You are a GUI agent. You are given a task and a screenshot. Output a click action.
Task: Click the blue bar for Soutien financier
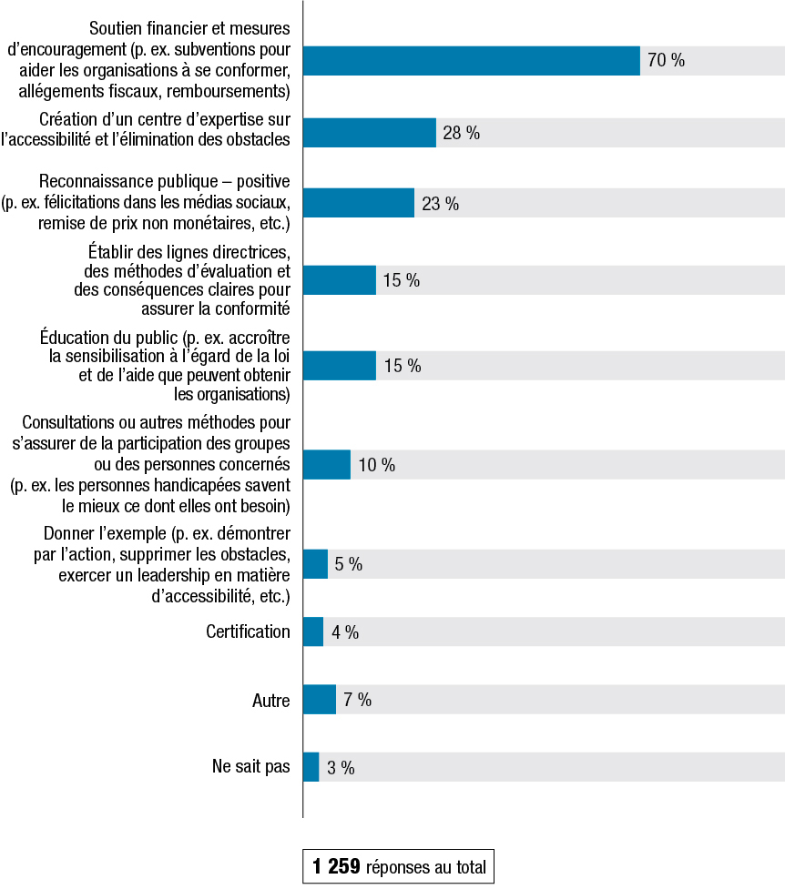(471, 61)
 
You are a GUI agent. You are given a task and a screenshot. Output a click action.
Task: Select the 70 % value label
(666, 61)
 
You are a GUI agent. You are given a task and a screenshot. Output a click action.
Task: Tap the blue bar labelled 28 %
(369, 133)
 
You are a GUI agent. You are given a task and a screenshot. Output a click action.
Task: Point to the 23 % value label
(440, 204)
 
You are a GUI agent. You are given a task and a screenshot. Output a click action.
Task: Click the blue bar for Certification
(312, 632)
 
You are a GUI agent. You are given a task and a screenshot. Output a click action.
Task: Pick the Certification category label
(248, 631)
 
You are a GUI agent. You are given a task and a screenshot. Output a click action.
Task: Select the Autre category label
(270, 701)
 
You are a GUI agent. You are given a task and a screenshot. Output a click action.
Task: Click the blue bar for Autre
(319, 701)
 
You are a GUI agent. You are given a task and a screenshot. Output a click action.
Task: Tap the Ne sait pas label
(250, 767)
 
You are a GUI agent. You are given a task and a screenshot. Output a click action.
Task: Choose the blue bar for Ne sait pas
(311, 767)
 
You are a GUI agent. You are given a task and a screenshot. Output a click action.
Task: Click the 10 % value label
(376, 466)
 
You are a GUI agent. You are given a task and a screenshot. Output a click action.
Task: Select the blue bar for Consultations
(326, 465)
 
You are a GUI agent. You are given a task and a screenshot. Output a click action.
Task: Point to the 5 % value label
(348, 564)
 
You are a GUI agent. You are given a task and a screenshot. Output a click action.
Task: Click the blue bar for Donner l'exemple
(315, 564)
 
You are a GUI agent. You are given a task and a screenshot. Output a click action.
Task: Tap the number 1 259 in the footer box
(336, 867)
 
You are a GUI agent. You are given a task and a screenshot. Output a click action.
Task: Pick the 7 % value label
(357, 701)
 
